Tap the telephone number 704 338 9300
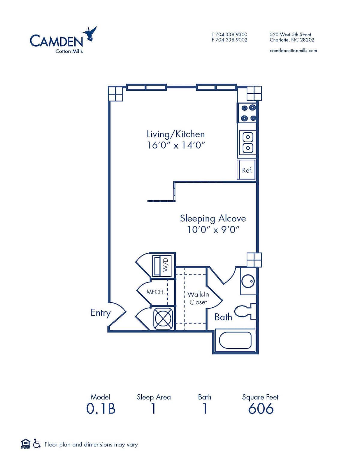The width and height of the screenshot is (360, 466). point(231,35)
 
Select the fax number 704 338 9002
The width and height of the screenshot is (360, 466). point(231,40)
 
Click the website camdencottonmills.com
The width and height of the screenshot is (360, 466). point(293,51)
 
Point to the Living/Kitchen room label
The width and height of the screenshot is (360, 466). point(175,134)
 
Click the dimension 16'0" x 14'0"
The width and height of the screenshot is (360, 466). point(175,145)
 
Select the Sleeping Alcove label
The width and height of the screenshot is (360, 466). point(213,218)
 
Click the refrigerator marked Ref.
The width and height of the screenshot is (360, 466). point(247,170)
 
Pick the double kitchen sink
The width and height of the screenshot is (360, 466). point(248,143)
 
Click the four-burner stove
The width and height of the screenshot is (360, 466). point(248,113)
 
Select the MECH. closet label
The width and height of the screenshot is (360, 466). point(155,292)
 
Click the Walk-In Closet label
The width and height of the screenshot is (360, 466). point(198,298)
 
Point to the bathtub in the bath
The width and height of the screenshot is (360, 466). point(235,341)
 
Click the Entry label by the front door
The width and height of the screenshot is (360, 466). point(100,313)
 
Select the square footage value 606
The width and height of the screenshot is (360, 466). point(261,409)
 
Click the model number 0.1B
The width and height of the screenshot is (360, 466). point(101,409)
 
